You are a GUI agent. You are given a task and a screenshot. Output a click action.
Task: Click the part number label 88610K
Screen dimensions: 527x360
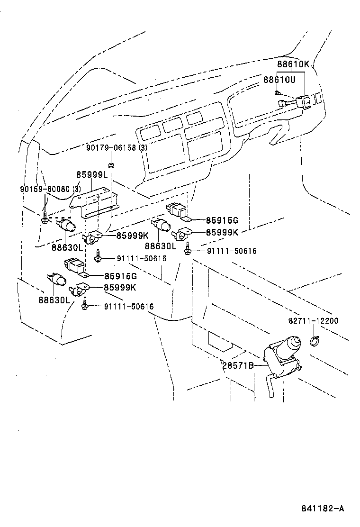293,65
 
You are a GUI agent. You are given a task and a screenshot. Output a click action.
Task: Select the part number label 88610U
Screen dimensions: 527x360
279,80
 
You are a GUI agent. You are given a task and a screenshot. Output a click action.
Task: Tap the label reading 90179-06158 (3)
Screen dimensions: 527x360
117,148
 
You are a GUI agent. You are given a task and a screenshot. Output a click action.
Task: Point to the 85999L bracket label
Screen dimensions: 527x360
92,174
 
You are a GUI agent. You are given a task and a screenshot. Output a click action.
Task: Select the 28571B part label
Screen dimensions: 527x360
238,365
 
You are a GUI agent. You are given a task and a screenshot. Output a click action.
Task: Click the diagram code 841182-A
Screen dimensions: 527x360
322,509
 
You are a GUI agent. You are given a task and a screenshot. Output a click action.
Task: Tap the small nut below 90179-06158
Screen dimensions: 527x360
111,165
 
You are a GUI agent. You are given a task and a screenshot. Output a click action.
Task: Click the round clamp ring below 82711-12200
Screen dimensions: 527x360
314,340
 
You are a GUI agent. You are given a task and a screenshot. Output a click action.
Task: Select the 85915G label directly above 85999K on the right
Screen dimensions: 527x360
222,220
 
